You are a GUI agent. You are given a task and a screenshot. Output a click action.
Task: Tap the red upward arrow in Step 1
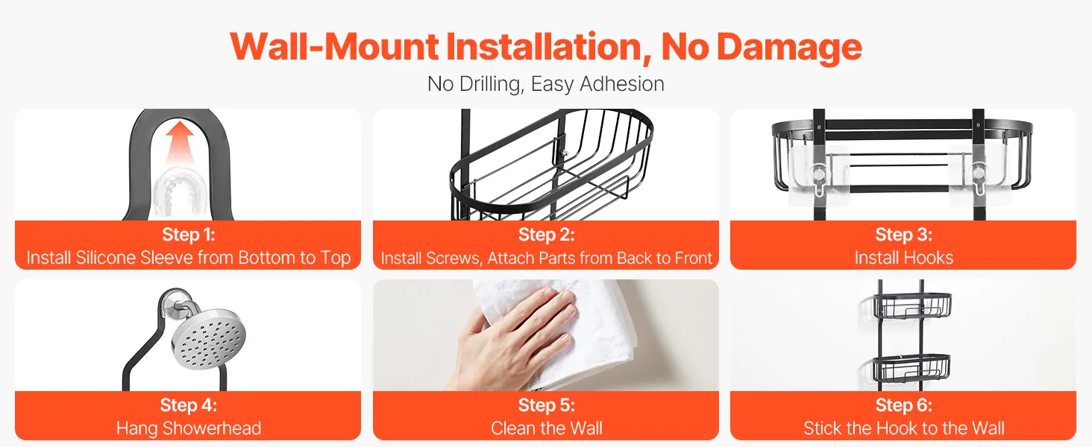pyautogui.click(x=180, y=142)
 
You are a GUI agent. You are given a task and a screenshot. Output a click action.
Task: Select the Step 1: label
pyautogui.click(x=188, y=235)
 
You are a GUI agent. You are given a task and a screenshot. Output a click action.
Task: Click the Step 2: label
pyautogui.click(x=547, y=235)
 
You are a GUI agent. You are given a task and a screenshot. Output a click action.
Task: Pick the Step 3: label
pyautogui.click(x=903, y=235)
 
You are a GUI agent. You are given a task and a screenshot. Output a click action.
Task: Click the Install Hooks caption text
pyautogui.click(x=903, y=258)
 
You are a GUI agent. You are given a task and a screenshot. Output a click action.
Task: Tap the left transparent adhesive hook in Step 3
pyautogui.click(x=818, y=177)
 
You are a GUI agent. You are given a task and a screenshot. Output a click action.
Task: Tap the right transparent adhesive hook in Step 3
pyautogui.click(x=977, y=177)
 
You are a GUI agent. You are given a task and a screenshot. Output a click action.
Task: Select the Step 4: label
pyautogui.click(x=188, y=405)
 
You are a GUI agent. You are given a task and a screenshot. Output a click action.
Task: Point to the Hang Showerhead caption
pyautogui.click(x=188, y=428)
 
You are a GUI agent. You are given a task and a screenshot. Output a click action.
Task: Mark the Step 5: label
pyautogui.click(x=547, y=405)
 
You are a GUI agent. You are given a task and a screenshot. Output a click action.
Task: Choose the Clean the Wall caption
pyautogui.click(x=547, y=428)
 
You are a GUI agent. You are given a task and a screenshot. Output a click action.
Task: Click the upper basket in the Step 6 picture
pyautogui.click(x=911, y=305)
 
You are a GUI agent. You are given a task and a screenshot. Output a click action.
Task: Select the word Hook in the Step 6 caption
pyautogui.click(x=898, y=428)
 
